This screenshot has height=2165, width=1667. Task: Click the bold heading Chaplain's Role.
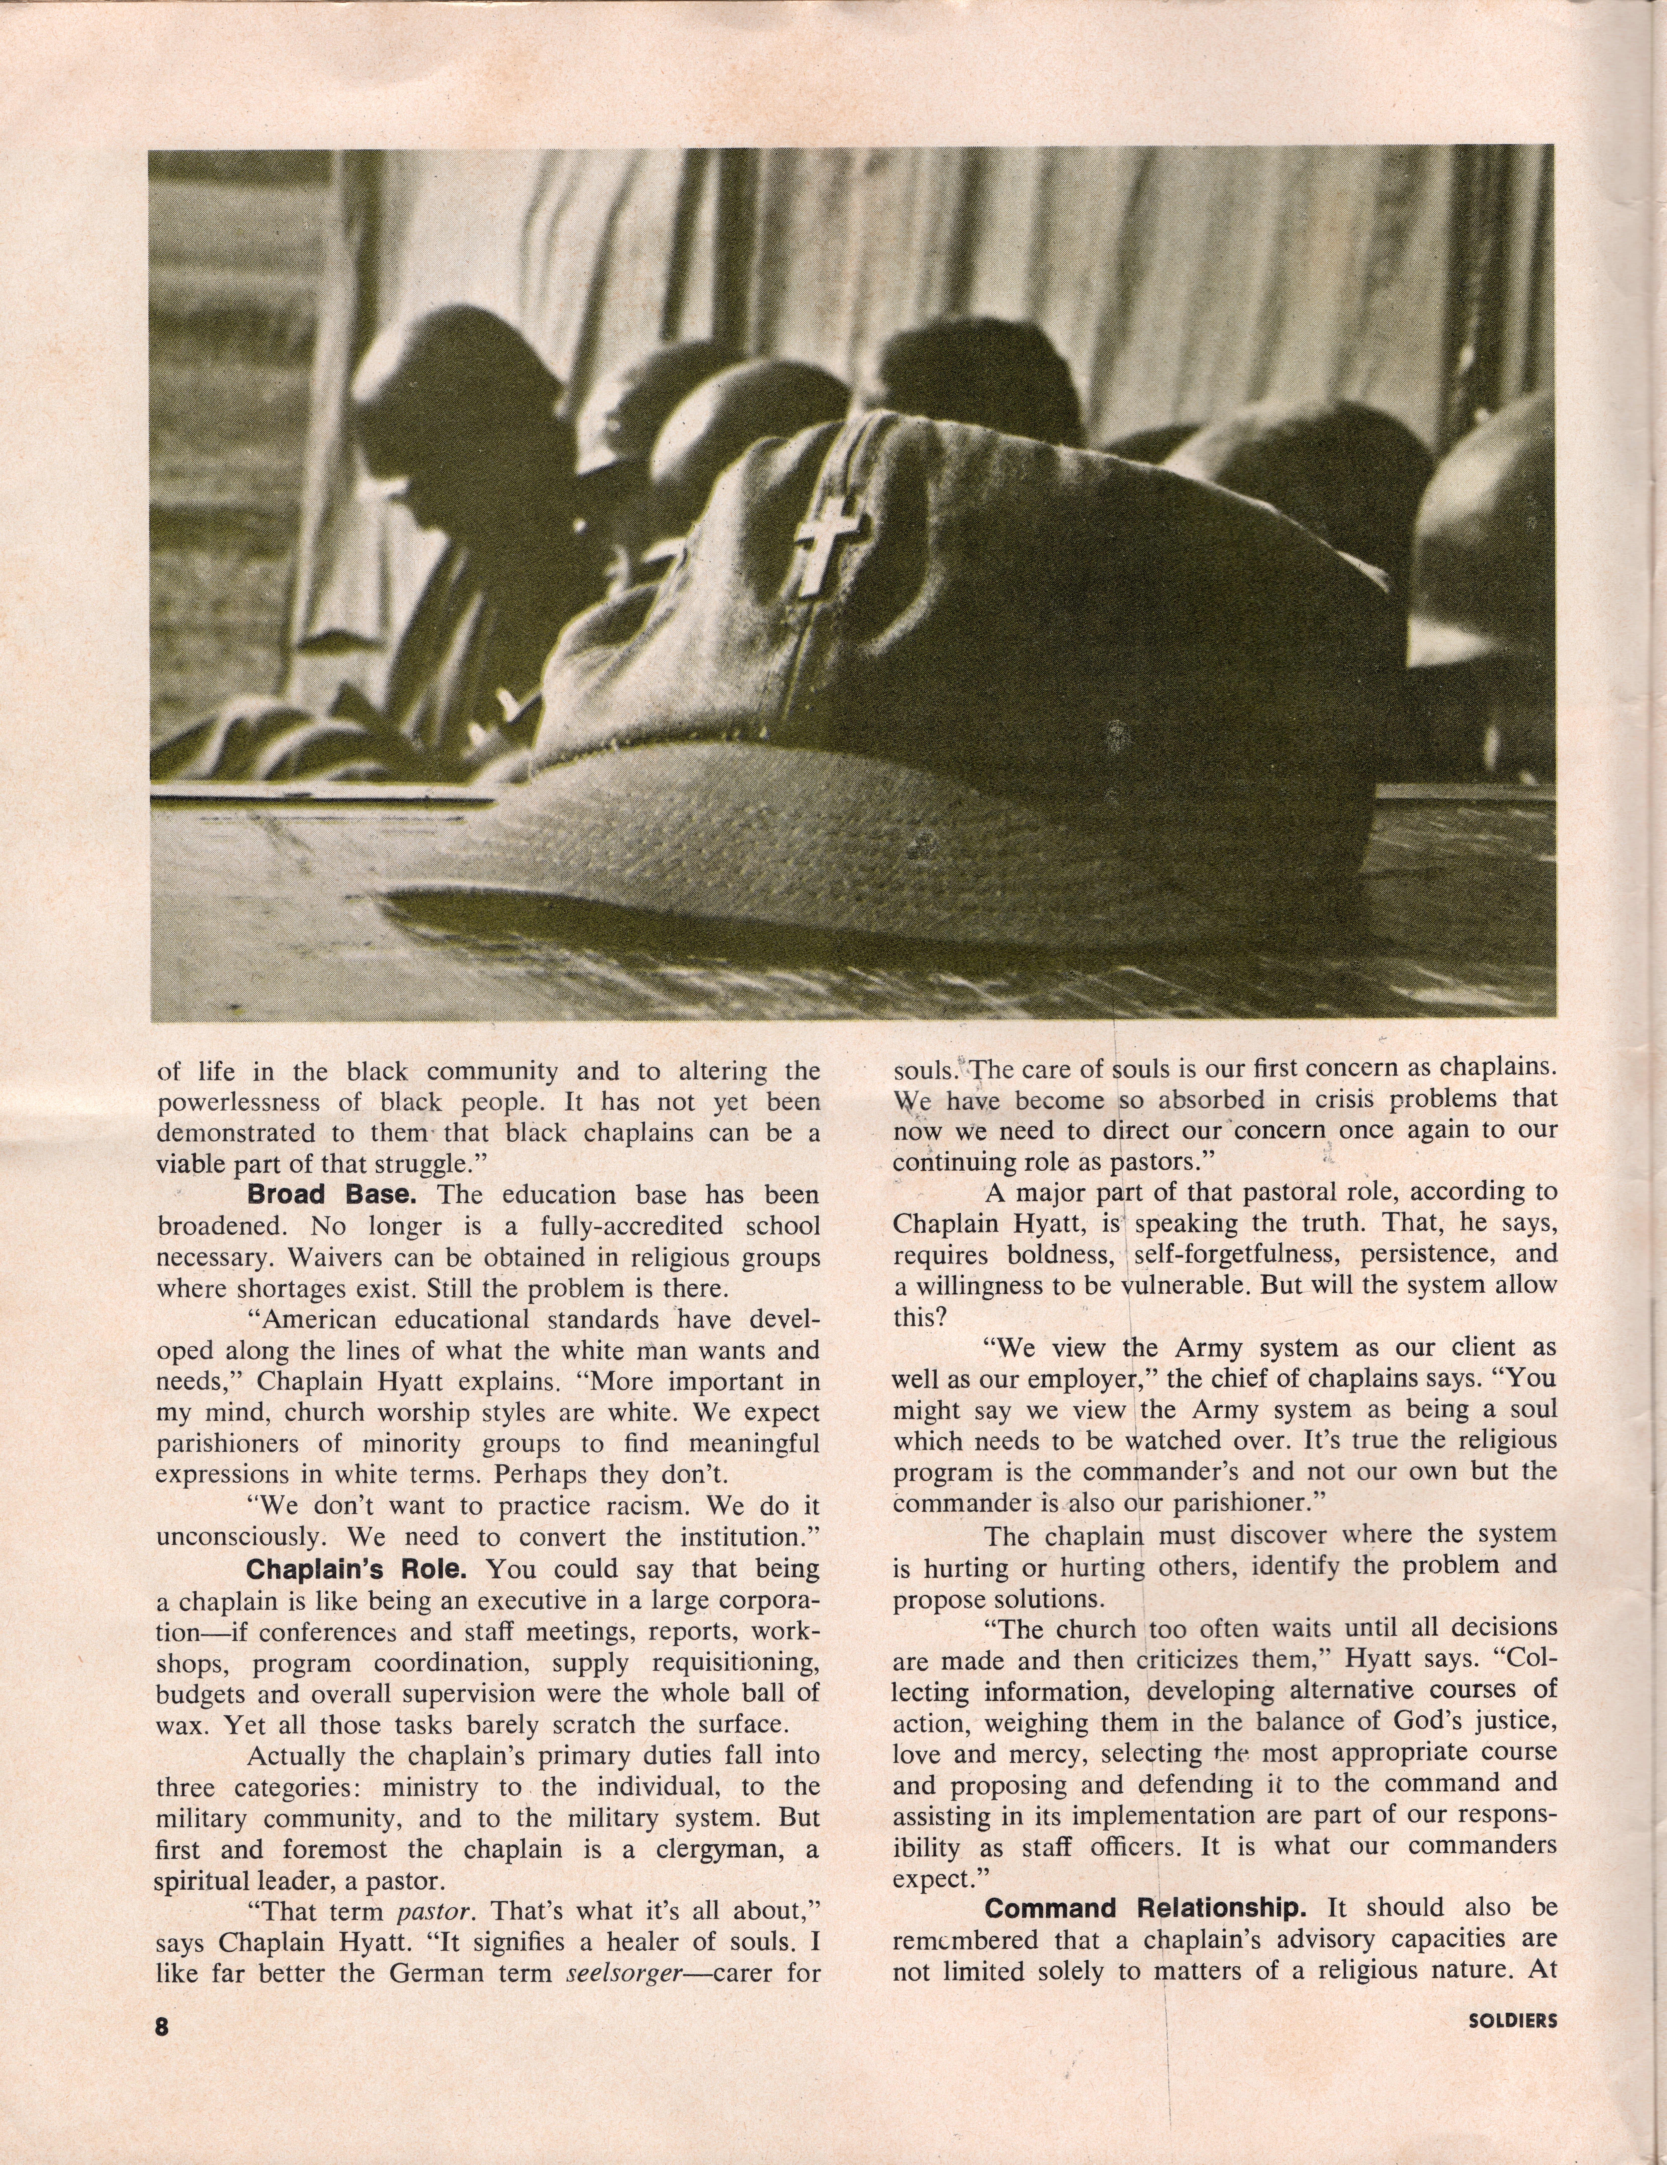tap(363, 1569)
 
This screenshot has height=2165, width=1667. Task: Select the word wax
tap(178, 1726)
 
